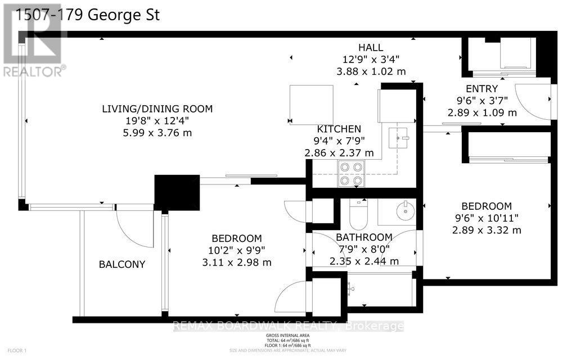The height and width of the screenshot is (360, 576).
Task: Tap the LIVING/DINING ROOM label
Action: pyautogui.click(x=157, y=109)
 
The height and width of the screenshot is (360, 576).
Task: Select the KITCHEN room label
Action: pyautogui.click(x=339, y=129)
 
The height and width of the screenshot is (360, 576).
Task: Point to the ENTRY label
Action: pyautogui.click(x=481, y=88)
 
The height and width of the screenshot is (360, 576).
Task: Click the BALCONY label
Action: pyautogui.click(x=122, y=264)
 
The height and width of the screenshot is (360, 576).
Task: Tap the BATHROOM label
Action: pyautogui.click(x=364, y=237)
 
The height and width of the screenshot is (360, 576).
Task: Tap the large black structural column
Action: pyautogui.click(x=177, y=192)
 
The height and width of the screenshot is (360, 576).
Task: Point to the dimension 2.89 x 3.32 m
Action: pyautogui.click(x=486, y=230)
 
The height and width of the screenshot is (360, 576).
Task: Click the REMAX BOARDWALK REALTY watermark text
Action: pyautogui.click(x=287, y=326)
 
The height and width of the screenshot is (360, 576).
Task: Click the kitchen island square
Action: pyautogui.click(x=311, y=104)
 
